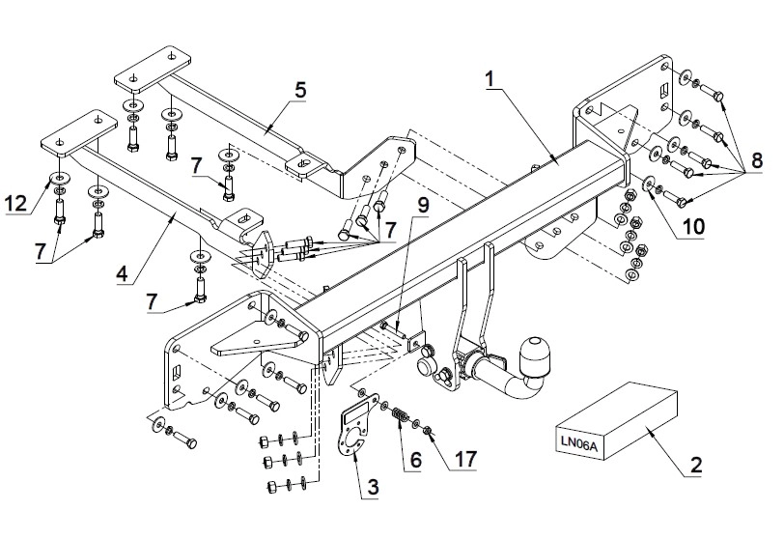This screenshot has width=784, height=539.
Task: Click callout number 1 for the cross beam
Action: [490, 79]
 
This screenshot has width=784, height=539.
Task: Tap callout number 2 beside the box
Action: [696, 465]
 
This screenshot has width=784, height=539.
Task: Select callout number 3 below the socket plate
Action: [373, 487]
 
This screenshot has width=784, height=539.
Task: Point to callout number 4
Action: [122, 273]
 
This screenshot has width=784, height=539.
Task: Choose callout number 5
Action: [300, 90]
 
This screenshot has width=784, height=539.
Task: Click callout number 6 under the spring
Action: [416, 460]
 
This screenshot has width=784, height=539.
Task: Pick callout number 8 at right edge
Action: [757, 160]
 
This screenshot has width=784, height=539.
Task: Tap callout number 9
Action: [423, 205]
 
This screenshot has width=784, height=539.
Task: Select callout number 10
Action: [693, 227]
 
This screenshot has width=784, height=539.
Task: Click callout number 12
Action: [15, 204]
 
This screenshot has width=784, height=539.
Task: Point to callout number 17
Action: [465, 460]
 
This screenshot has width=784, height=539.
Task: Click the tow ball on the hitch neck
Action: [535, 355]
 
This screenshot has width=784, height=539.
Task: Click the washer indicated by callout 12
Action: [60, 178]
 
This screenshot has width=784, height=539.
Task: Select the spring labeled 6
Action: [400, 414]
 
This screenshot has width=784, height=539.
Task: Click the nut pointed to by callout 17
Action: [428, 430]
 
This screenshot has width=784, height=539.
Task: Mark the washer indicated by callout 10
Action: [648, 184]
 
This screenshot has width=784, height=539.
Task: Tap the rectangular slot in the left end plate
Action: [177, 374]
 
